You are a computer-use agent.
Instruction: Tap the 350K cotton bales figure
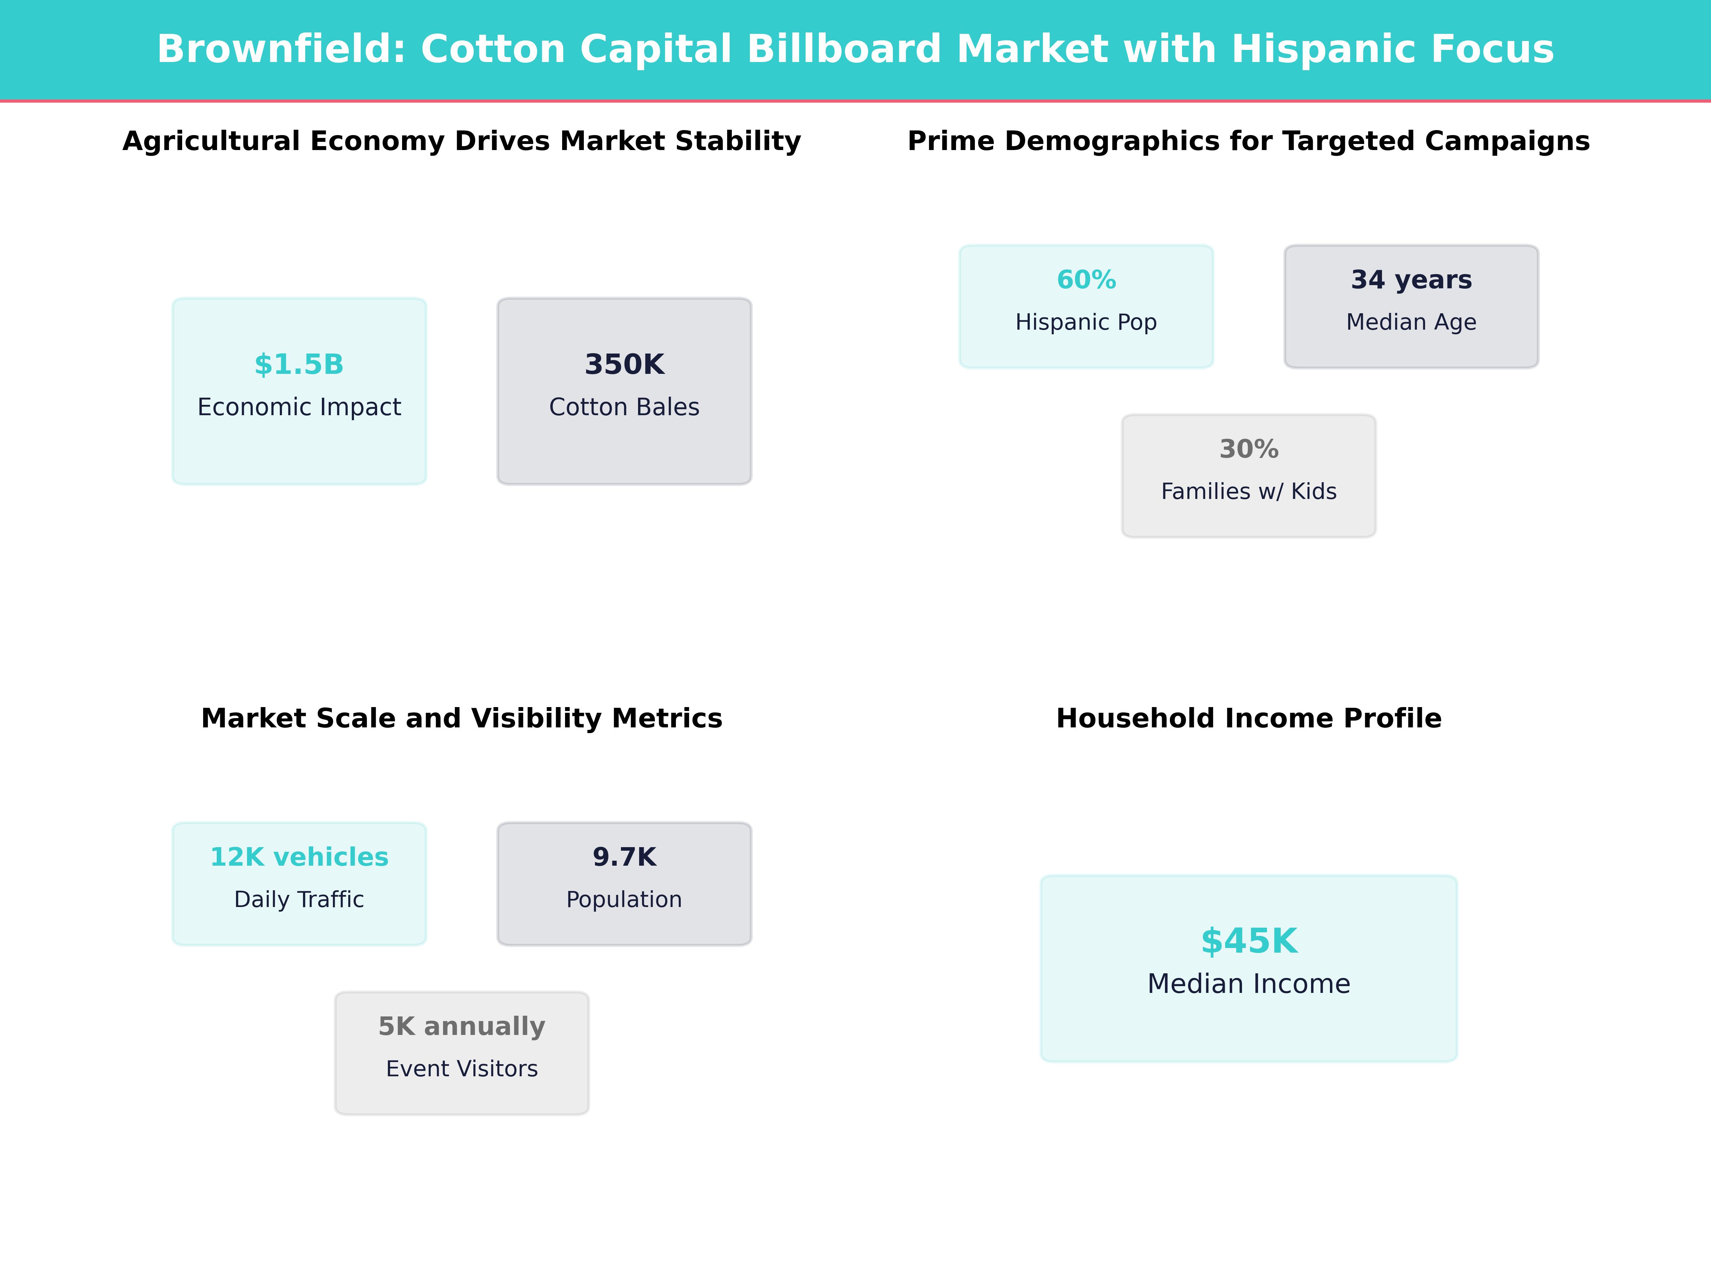[624, 364]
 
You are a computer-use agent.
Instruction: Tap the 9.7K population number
[624, 857]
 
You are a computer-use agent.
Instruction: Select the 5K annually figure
[462, 1026]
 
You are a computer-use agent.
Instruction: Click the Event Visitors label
[462, 1069]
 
